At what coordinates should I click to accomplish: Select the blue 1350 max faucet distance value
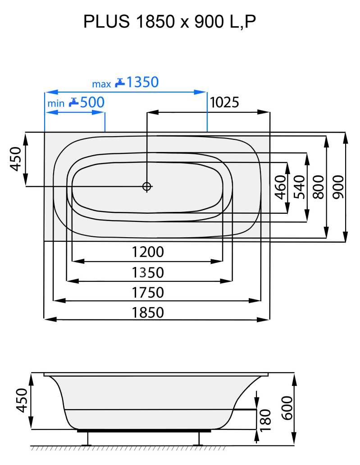click(142, 83)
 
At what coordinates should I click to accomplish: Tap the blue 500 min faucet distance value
click(92, 103)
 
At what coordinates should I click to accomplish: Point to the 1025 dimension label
click(224, 103)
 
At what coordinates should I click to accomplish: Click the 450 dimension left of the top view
click(16, 159)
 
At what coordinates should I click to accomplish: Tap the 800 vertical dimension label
click(319, 186)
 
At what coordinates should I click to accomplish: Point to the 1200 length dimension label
click(148, 252)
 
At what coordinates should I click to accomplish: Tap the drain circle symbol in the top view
click(147, 186)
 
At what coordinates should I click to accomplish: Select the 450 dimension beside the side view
click(23, 400)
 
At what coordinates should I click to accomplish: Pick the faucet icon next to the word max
click(119, 83)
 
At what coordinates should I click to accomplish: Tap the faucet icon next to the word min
click(73, 103)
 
